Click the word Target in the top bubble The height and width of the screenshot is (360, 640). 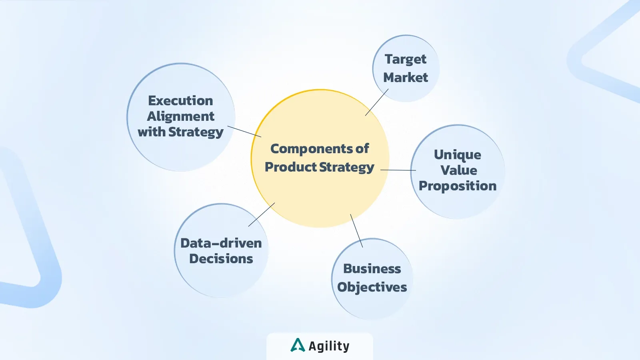[x=406, y=60]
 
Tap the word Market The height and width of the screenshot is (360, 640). [x=406, y=78]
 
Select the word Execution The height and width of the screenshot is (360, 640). [x=180, y=101]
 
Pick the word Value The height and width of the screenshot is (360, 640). [x=458, y=170]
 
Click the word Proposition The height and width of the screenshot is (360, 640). [x=458, y=186]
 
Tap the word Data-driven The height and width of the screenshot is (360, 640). [x=221, y=243]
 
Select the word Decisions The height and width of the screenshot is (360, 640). [x=221, y=259]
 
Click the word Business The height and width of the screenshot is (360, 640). [x=372, y=269]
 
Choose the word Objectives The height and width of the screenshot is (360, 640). [x=372, y=287]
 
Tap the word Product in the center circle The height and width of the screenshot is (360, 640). [x=290, y=167]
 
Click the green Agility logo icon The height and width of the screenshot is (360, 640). [x=298, y=345]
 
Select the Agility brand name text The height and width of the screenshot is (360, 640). [x=329, y=346]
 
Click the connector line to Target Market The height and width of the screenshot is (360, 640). [x=377, y=102]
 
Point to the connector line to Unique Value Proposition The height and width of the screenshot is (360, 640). [x=398, y=170]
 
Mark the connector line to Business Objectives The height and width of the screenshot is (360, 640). [x=356, y=230]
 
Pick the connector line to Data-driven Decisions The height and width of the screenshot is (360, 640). [x=262, y=214]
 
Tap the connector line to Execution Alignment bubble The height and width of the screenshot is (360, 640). [x=244, y=132]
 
